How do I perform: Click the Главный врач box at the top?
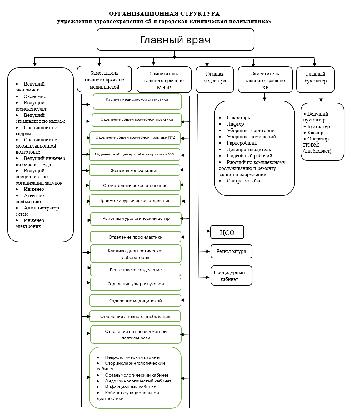click(x=175, y=40)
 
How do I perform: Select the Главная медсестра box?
click(x=215, y=79)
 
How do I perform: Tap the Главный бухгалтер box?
click(x=315, y=79)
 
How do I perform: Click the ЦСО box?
click(x=227, y=232)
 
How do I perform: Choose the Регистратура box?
click(x=231, y=251)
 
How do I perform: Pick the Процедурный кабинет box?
click(x=231, y=276)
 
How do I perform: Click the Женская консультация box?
click(x=135, y=170)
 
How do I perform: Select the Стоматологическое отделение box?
click(x=135, y=185)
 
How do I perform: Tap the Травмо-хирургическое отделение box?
click(x=135, y=201)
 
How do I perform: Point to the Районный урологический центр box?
click(x=136, y=219)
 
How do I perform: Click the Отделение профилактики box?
click(x=136, y=237)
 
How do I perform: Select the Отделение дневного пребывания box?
click(x=135, y=316)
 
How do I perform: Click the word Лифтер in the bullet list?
click(x=235, y=124)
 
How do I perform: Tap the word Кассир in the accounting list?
click(x=315, y=133)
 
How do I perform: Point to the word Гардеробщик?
click(x=242, y=143)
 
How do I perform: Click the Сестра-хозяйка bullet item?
click(x=244, y=181)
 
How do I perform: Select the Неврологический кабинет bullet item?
click(x=133, y=357)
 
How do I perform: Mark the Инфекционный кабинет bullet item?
click(x=130, y=387)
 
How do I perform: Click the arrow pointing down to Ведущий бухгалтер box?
click(x=321, y=99)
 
